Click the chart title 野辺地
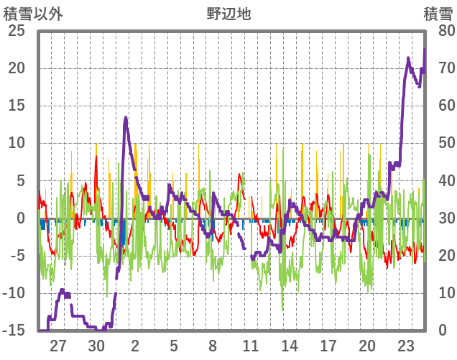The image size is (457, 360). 228,13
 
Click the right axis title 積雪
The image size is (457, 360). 437,13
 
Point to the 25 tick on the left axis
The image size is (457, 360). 17,31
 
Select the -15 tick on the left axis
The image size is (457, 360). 14,331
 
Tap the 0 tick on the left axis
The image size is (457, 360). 21,218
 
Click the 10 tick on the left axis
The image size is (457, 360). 17,143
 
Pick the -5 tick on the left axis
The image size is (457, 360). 18,256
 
